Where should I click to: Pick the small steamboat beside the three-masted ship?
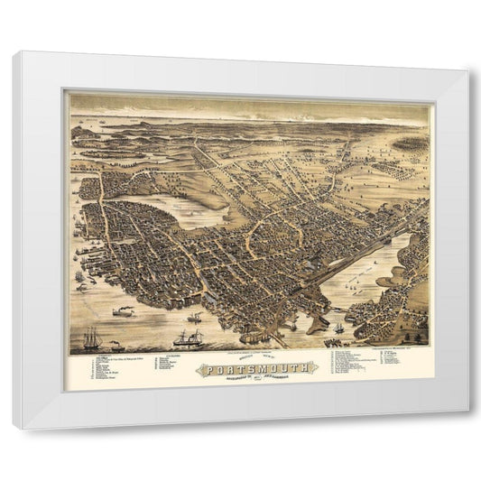coord(116,344)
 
